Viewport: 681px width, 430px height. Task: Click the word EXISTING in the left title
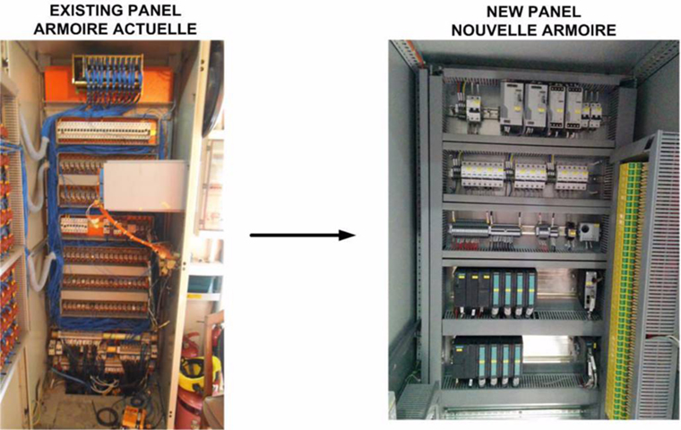(83, 13)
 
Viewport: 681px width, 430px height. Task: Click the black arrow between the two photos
(302, 236)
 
